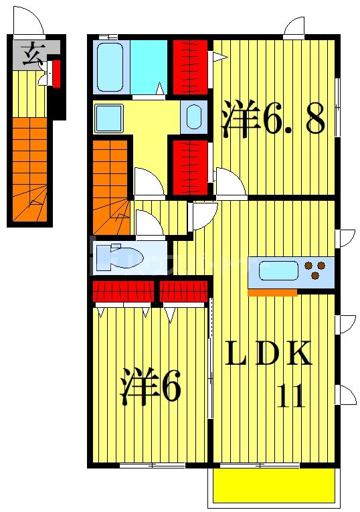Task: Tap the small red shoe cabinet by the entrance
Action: click(x=57, y=74)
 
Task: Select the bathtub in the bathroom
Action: click(x=110, y=68)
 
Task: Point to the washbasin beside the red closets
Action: click(x=193, y=118)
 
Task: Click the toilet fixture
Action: click(x=116, y=258)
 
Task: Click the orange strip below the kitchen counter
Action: click(x=272, y=292)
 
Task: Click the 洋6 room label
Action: click(x=151, y=386)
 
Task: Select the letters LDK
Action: click(x=268, y=355)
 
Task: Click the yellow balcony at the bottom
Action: click(x=274, y=485)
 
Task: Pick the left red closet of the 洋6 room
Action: click(x=122, y=291)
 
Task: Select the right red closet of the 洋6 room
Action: click(x=183, y=291)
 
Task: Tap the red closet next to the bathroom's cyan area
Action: click(x=190, y=68)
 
